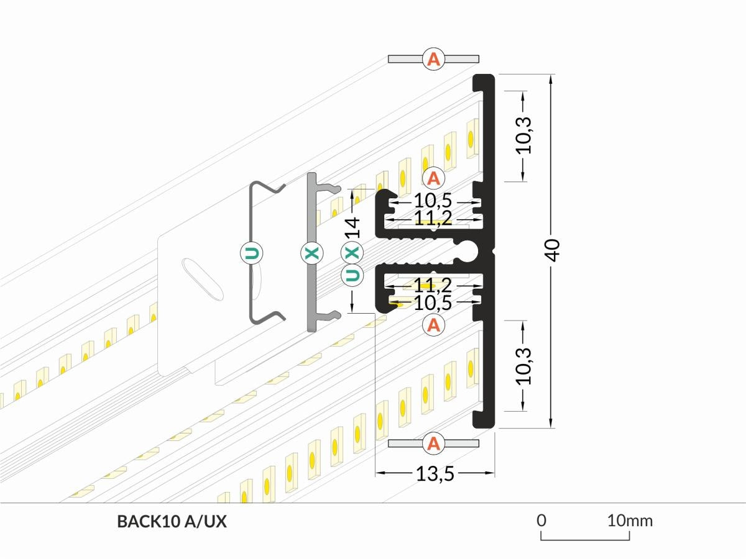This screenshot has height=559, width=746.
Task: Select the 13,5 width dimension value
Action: pos(435,475)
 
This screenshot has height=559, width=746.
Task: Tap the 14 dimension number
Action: pos(353,227)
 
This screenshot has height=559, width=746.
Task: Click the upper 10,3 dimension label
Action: pos(525,135)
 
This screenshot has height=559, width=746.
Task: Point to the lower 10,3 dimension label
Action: pos(525,366)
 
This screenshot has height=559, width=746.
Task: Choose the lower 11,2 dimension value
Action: pos(434,286)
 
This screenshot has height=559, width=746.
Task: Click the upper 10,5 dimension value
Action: pos(434,202)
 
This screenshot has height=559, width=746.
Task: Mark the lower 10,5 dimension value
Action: pos(434,303)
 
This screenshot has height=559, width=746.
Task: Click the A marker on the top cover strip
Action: pos(433,59)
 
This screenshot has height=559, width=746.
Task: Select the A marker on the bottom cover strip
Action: pos(433,443)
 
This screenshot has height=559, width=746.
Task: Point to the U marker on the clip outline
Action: pos(251,253)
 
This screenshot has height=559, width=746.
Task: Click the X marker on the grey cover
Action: pos(311,253)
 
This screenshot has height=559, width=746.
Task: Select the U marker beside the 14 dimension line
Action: pos(352,275)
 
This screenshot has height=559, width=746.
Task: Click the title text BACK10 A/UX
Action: pos(172,522)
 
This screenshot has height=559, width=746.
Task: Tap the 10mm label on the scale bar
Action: pos(630,520)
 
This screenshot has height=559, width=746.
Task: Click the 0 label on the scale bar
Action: pos(541,520)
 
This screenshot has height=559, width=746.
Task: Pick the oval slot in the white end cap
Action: pos(202,279)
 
